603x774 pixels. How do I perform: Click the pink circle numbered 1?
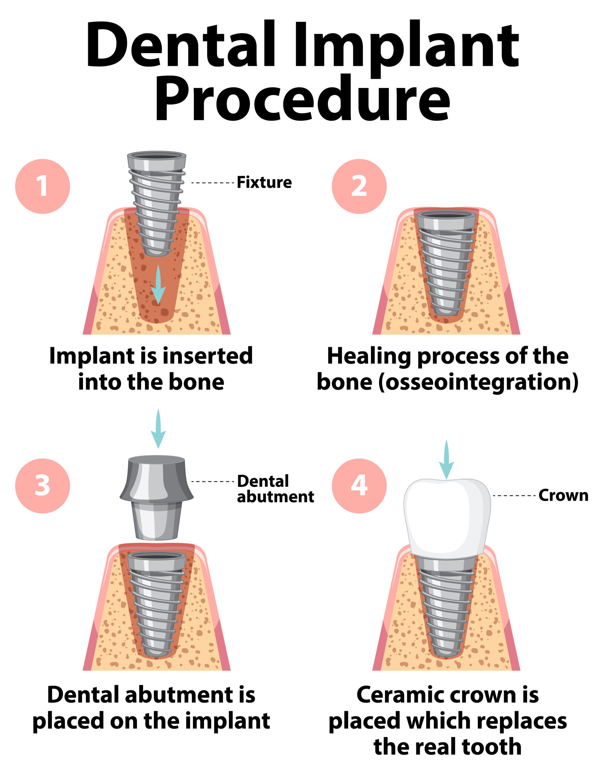click(43, 187)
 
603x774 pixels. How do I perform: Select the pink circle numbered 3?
click(43, 486)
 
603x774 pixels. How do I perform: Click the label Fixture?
click(264, 183)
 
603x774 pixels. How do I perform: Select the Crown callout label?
click(563, 496)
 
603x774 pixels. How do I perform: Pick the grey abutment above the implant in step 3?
click(157, 496)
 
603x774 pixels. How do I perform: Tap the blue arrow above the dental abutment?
click(158, 429)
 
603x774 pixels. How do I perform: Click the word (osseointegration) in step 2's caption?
click(478, 383)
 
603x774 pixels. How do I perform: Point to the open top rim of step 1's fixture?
click(157, 156)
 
